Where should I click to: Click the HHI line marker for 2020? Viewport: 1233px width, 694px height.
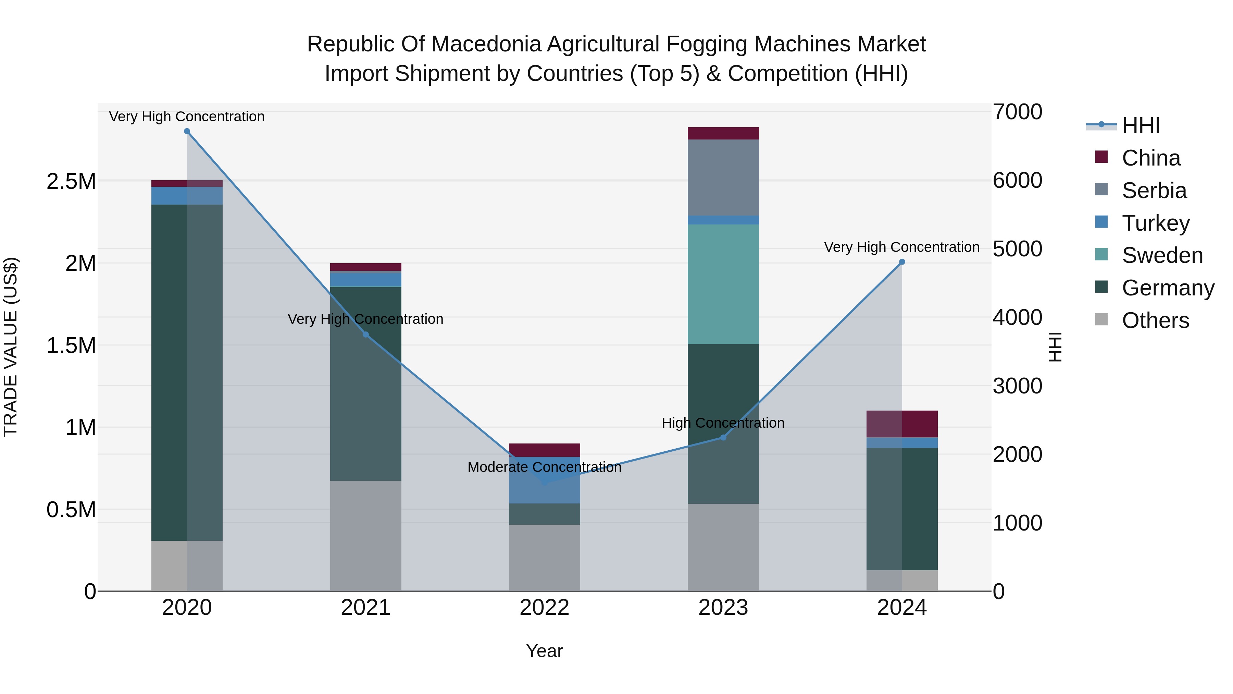pos(187,131)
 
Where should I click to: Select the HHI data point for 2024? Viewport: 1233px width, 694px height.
pos(902,262)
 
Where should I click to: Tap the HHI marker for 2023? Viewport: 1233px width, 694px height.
pos(723,437)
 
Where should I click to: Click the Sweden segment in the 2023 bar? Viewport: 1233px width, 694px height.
pos(723,284)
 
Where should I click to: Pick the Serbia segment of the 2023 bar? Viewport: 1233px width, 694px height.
pos(723,177)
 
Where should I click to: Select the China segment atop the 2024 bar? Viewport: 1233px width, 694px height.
pos(902,424)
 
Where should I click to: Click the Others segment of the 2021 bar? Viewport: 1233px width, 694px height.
pos(366,535)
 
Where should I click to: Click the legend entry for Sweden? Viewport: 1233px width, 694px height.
pos(1162,255)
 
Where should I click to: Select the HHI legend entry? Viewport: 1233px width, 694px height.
pos(1140,125)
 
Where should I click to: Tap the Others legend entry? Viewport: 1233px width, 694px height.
pos(1155,320)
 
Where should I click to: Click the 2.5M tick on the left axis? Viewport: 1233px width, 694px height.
pos(71,182)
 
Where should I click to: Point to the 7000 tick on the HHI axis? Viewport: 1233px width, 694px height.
pos(1017,112)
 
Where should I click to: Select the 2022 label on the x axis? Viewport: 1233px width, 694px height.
pos(544,608)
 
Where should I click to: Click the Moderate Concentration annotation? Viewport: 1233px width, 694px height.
pos(544,467)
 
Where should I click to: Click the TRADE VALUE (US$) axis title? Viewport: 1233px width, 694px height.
pos(11,347)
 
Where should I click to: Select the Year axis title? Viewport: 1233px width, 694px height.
pos(544,651)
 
